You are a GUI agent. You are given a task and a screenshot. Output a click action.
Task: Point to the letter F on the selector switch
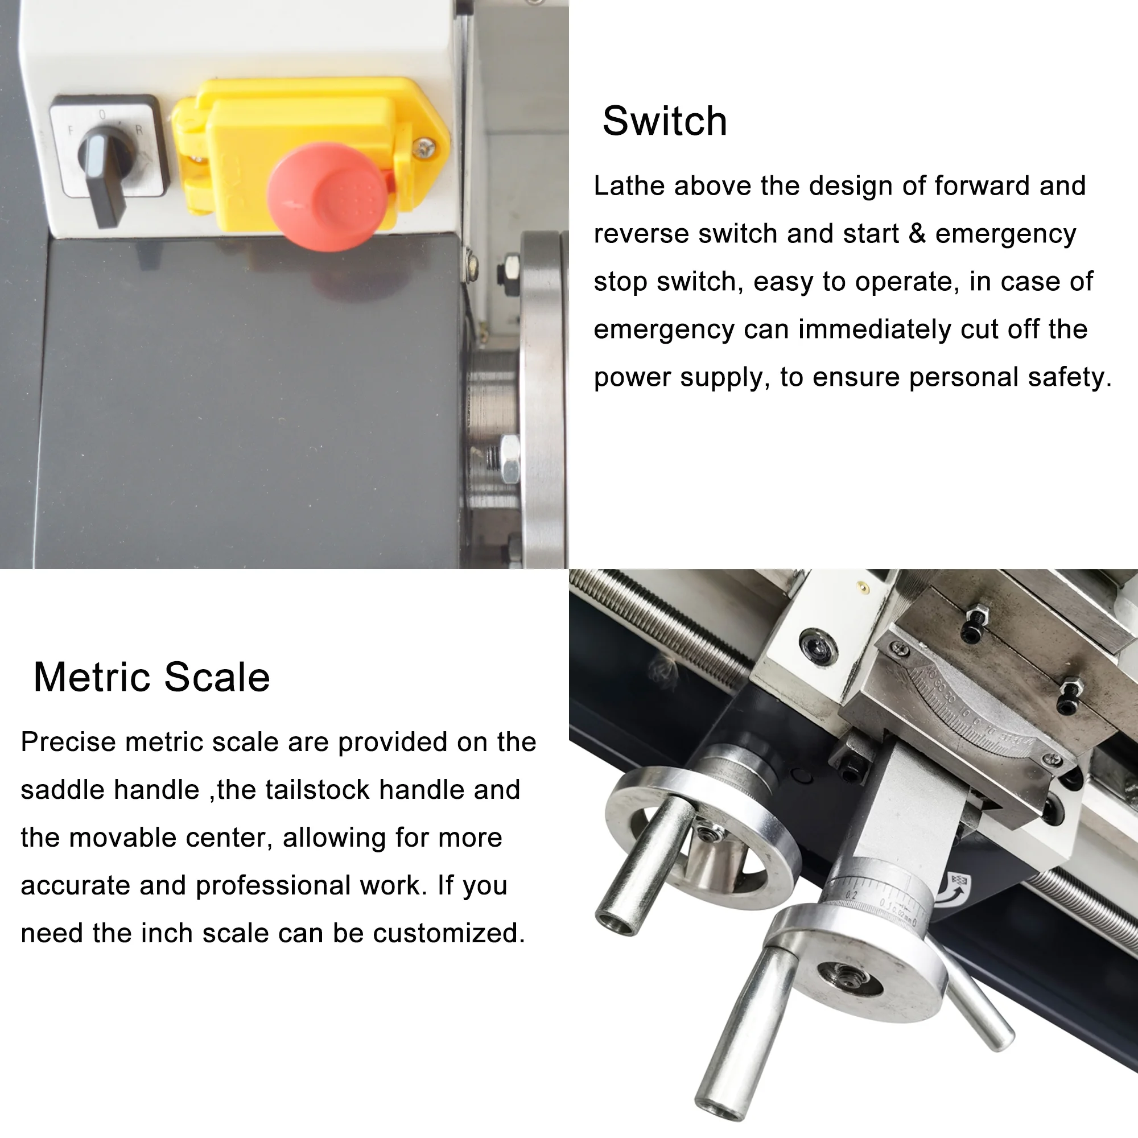(71, 130)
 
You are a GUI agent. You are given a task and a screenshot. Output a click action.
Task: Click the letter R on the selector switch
(139, 130)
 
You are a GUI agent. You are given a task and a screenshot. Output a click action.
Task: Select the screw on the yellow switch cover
(423, 147)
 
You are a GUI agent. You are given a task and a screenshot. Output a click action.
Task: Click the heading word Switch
(665, 121)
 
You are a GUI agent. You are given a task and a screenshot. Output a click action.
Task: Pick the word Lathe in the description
(629, 186)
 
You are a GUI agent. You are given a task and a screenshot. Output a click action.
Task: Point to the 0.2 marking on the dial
(852, 895)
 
